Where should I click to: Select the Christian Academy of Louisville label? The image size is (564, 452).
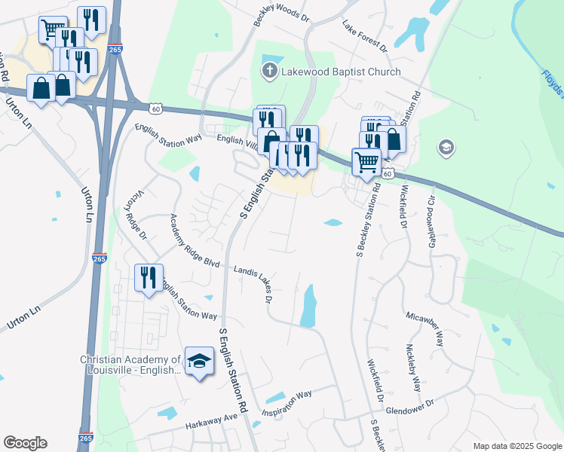pos(130,365)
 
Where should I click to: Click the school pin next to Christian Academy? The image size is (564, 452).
pos(199,363)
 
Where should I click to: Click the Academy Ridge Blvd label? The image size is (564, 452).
pos(194,240)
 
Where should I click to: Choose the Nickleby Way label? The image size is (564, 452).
pos(412,368)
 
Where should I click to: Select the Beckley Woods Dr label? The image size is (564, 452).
pos(282,14)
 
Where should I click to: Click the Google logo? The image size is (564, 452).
pos(26,443)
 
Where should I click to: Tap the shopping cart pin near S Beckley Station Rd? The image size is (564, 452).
pos(366,162)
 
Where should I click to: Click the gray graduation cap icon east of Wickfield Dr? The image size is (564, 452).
pos(446,147)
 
